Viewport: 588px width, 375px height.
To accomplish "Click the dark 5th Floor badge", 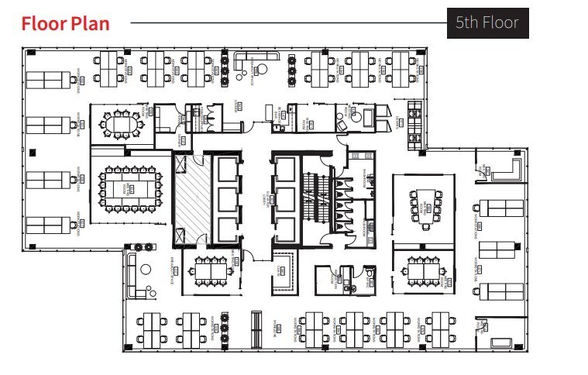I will (488, 23).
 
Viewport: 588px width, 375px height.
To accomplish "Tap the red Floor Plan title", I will (65, 23).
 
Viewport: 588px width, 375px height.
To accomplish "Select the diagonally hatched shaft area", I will (191, 198).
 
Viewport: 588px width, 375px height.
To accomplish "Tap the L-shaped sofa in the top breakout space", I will (256, 59).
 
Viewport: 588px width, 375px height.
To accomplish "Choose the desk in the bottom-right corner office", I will (500, 341).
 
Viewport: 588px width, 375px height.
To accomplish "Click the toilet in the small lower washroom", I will (369, 273).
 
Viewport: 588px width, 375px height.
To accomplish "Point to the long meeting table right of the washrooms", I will (425, 205).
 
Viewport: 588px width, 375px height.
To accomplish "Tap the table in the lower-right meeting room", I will (422, 271).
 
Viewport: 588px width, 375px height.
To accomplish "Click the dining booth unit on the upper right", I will (415, 124).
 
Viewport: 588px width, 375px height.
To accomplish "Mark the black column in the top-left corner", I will (29, 53).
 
